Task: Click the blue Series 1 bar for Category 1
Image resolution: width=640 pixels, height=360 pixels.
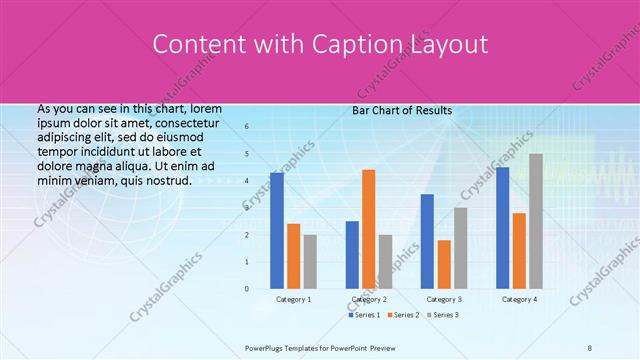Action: coord(277,230)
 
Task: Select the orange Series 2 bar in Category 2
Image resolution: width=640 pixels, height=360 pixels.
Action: coord(369,228)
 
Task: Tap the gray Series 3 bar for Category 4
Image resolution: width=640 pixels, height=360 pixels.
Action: coord(536,220)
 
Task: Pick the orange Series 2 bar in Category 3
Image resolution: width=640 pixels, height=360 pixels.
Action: coord(444,263)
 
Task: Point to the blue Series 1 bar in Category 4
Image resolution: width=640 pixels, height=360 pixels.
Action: coord(502,227)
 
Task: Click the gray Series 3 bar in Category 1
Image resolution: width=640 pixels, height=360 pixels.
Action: coord(310,261)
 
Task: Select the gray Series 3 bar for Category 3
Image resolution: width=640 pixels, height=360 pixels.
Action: coord(461,247)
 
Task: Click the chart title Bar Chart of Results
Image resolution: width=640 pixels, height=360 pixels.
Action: coord(402,111)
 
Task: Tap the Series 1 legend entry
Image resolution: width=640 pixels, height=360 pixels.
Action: coord(364,315)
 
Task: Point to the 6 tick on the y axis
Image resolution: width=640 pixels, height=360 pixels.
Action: coord(246,127)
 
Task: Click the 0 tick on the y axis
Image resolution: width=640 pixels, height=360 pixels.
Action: coord(246,288)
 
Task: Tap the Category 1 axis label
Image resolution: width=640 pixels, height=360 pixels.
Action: coord(293,299)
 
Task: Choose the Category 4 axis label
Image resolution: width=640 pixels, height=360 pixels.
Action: coord(519,299)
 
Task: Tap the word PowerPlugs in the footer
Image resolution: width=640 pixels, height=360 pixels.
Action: coord(266,347)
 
